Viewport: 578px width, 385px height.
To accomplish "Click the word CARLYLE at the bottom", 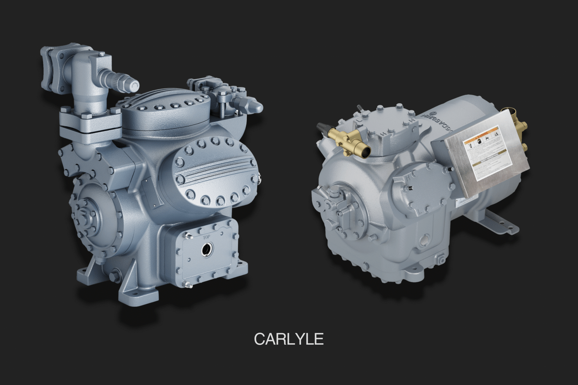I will (289, 339).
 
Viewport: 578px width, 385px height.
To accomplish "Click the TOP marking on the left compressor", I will (206, 237).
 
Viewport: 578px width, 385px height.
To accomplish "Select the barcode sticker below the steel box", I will (466, 203).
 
